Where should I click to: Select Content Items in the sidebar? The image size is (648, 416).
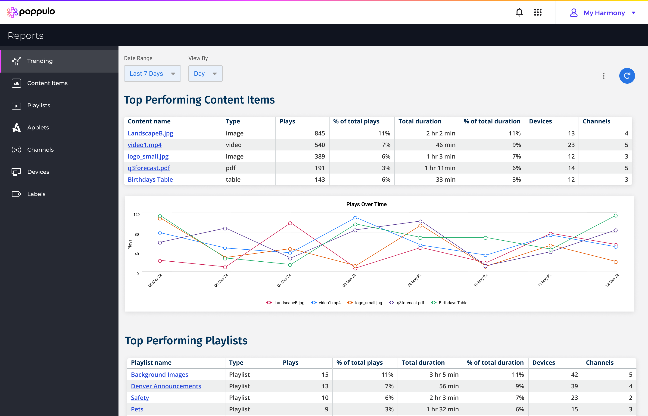47,83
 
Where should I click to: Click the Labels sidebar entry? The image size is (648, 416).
36,194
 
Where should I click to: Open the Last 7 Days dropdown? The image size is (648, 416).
152,73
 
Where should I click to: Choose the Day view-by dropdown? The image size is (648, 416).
205,73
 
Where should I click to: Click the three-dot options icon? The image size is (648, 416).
603,76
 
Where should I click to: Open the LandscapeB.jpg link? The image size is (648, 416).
150,133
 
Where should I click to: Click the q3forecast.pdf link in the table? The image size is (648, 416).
149,168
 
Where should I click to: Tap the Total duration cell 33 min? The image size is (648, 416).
445,179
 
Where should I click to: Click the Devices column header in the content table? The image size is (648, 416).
540,121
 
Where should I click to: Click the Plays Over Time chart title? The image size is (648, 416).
366,204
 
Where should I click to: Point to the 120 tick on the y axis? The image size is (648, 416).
136,214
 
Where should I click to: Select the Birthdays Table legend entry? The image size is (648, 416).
452,303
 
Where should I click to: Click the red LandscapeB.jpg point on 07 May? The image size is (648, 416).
290,223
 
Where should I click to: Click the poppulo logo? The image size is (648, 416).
31,12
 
